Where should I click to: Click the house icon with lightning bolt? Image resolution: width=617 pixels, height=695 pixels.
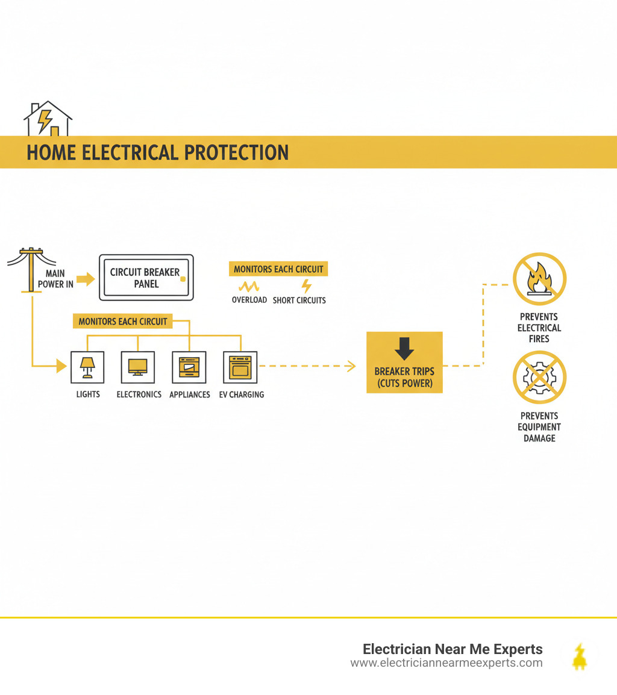click(x=48, y=119)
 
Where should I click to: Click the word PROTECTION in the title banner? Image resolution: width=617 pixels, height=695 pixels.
click(x=236, y=152)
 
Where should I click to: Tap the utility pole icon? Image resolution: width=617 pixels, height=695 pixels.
click(x=29, y=269)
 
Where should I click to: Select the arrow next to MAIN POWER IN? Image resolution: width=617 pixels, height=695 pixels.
click(x=86, y=279)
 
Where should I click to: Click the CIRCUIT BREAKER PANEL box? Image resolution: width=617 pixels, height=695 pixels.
click(x=146, y=278)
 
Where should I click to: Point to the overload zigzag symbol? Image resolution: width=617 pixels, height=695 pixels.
click(x=249, y=286)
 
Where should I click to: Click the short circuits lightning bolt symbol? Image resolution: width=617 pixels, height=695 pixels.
click(x=306, y=286)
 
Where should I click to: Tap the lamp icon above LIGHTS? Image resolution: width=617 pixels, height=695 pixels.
click(x=87, y=367)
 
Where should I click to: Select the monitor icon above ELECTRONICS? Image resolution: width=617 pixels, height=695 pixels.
click(x=138, y=367)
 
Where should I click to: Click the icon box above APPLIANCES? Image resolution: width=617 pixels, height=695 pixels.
click(x=189, y=367)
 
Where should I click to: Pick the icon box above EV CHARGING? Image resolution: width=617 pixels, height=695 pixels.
click(x=240, y=367)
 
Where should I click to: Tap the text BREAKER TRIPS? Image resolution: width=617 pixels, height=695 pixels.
click(x=404, y=372)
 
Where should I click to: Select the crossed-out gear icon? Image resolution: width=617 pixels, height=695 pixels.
click(x=539, y=378)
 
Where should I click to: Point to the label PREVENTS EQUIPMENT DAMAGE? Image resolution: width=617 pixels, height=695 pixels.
click(x=539, y=427)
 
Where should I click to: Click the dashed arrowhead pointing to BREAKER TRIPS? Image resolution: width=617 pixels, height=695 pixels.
click(x=352, y=366)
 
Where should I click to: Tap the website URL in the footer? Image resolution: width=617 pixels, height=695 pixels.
click(x=446, y=663)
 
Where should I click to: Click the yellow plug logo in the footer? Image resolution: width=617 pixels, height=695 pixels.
click(x=580, y=657)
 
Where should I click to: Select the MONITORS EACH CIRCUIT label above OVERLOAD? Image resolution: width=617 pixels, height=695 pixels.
click(x=278, y=269)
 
